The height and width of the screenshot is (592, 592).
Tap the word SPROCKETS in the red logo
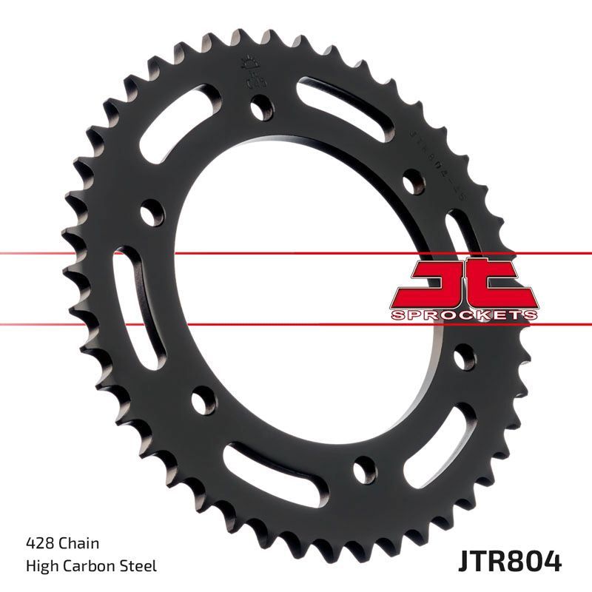point(462,314)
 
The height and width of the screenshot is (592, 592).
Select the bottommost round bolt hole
point(364,468)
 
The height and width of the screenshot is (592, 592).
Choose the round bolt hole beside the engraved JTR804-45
point(411,180)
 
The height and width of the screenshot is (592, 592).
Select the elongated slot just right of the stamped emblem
point(340,104)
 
